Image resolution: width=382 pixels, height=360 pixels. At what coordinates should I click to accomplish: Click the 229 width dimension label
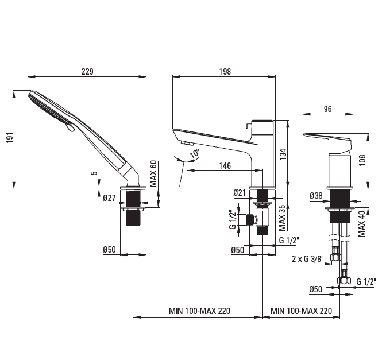click(x=87, y=72)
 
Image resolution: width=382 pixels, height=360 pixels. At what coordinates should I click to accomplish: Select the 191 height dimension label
click(x=10, y=138)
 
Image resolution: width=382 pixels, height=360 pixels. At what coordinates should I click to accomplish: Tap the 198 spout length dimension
click(x=225, y=72)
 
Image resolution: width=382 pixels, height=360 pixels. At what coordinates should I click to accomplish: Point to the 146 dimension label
click(x=225, y=165)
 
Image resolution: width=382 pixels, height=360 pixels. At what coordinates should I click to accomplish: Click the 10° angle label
click(x=194, y=153)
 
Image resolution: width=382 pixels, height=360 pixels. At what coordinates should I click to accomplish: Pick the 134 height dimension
click(x=283, y=154)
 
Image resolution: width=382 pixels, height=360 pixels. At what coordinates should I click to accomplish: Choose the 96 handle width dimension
click(x=327, y=109)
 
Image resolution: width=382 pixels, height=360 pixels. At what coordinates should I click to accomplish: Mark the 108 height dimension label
click(x=362, y=160)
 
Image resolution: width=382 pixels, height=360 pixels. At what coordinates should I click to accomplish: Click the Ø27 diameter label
click(x=109, y=198)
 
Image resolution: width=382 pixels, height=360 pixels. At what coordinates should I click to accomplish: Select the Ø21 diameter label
click(x=240, y=193)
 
